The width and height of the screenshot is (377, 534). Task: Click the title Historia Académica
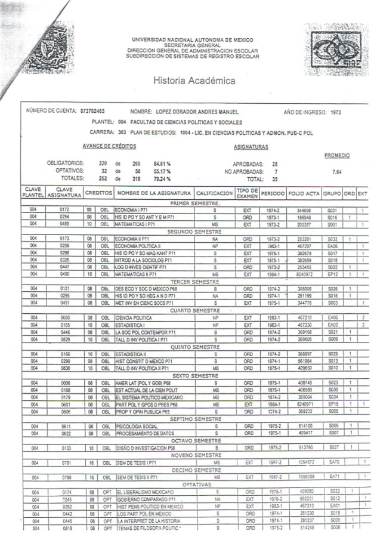(x=194, y=81)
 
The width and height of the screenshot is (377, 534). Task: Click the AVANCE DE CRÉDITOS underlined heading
(x=109, y=146)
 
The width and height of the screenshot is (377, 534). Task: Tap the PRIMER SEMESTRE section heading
(x=193, y=204)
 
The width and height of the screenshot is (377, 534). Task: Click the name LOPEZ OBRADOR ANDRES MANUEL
(x=197, y=112)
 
